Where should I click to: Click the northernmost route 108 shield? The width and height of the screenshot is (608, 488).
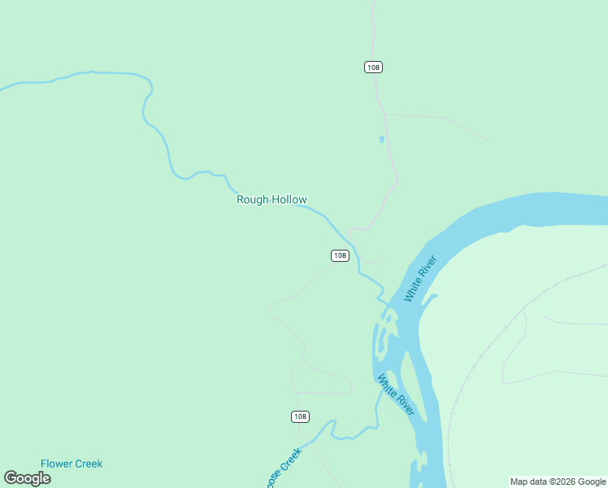pos(373,68)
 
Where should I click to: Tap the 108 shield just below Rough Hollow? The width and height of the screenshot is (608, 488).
pos(340,255)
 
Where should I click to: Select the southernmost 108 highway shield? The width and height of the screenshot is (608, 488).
pos(300,416)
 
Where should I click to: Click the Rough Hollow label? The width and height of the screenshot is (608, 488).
pos(271,199)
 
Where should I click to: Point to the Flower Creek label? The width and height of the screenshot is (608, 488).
pos(72,464)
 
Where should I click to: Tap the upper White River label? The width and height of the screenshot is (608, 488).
pos(420,279)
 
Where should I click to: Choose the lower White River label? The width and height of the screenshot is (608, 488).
pos(396,395)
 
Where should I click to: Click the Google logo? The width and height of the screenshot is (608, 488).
pos(27,477)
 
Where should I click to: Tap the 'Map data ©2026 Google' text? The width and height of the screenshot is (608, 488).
pos(558,481)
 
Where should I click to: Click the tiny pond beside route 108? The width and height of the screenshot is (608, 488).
pos(381,139)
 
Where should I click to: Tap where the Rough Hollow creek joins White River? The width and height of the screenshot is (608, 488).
pos(384,300)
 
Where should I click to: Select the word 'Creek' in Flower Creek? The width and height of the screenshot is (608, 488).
pos(89,464)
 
